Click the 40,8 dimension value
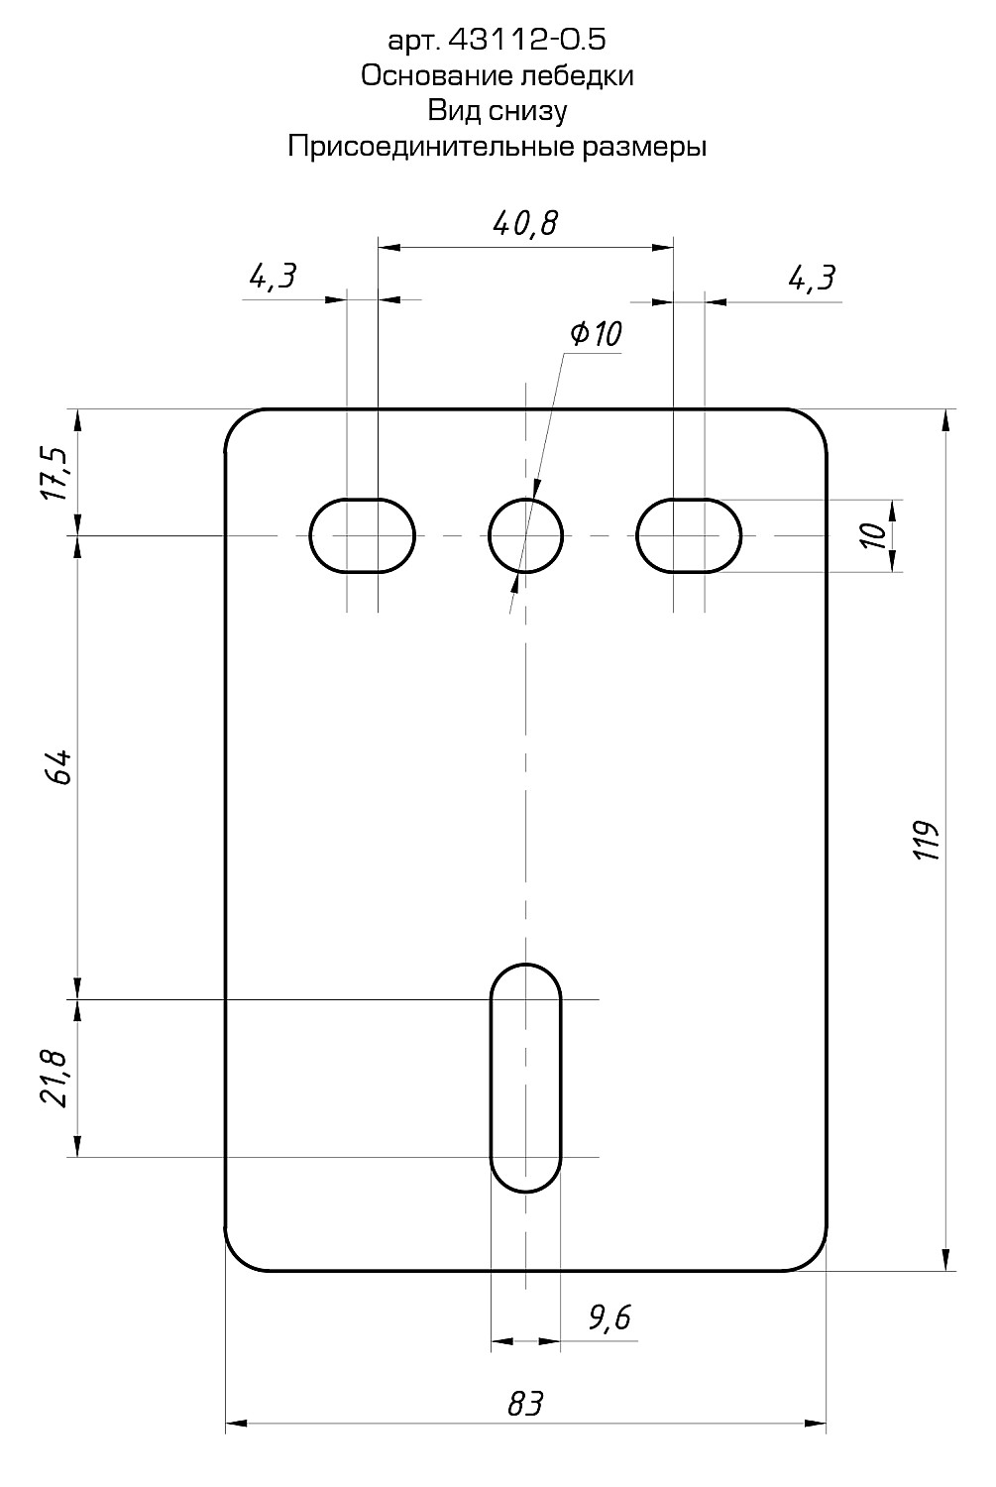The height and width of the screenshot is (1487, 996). (525, 223)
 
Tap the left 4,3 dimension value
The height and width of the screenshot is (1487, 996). (273, 277)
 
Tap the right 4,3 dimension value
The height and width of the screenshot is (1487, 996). (812, 278)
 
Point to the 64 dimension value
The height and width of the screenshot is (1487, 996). (58, 767)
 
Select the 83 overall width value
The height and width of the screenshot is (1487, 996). (525, 1403)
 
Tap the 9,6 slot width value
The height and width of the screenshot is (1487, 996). (609, 1317)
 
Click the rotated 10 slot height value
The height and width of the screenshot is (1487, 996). (874, 536)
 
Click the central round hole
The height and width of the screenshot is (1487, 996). (525, 535)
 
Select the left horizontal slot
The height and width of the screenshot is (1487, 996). (363, 535)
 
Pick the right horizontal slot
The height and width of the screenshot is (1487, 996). (689, 535)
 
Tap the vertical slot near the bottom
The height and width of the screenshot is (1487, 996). (525, 1076)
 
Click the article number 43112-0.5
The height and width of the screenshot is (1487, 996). (526, 40)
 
